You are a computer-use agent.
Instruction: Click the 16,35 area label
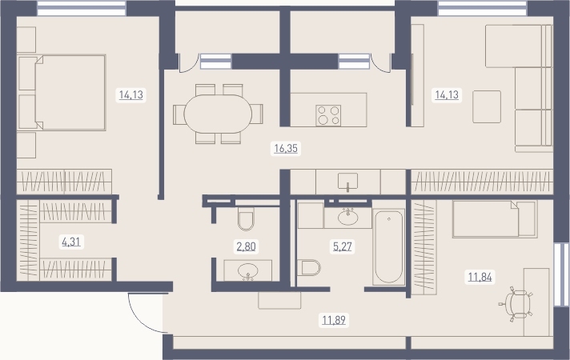286,149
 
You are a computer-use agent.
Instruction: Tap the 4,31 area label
71,242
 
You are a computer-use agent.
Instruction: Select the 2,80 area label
246,246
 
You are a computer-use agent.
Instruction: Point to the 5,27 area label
343,246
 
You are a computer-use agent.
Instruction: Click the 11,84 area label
480,277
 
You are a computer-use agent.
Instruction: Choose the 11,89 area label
334,320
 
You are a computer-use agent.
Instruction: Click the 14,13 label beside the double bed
131,95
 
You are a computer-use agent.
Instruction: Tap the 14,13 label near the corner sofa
448,95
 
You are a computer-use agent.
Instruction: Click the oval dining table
218,114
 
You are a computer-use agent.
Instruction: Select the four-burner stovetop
328,115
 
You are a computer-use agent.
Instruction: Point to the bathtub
388,246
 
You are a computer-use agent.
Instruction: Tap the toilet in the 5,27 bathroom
309,268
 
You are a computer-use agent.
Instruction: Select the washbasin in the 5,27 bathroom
348,218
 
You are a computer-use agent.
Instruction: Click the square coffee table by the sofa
487,107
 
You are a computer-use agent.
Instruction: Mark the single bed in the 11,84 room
495,219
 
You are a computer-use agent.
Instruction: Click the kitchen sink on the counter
348,182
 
